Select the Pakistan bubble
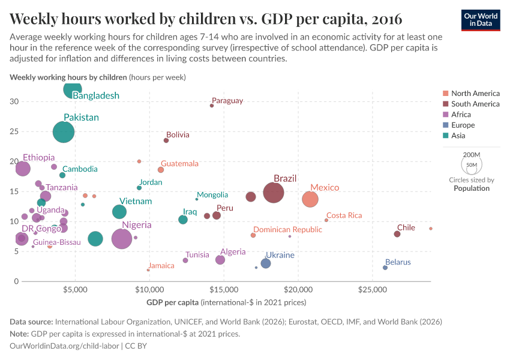coord(64,132)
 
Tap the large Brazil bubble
coord(273,193)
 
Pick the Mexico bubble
coord(310,199)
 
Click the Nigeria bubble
coord(122,239)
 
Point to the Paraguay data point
coord(212,106)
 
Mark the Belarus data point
coord(385,268)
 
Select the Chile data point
coord(397,234)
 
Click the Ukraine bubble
coord(266,263)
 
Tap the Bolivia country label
coord(178,135)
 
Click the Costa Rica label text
coord(344,215)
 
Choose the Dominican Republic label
coord(287,230)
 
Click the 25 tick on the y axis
coord(14,131)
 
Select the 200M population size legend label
coord(472,155)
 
